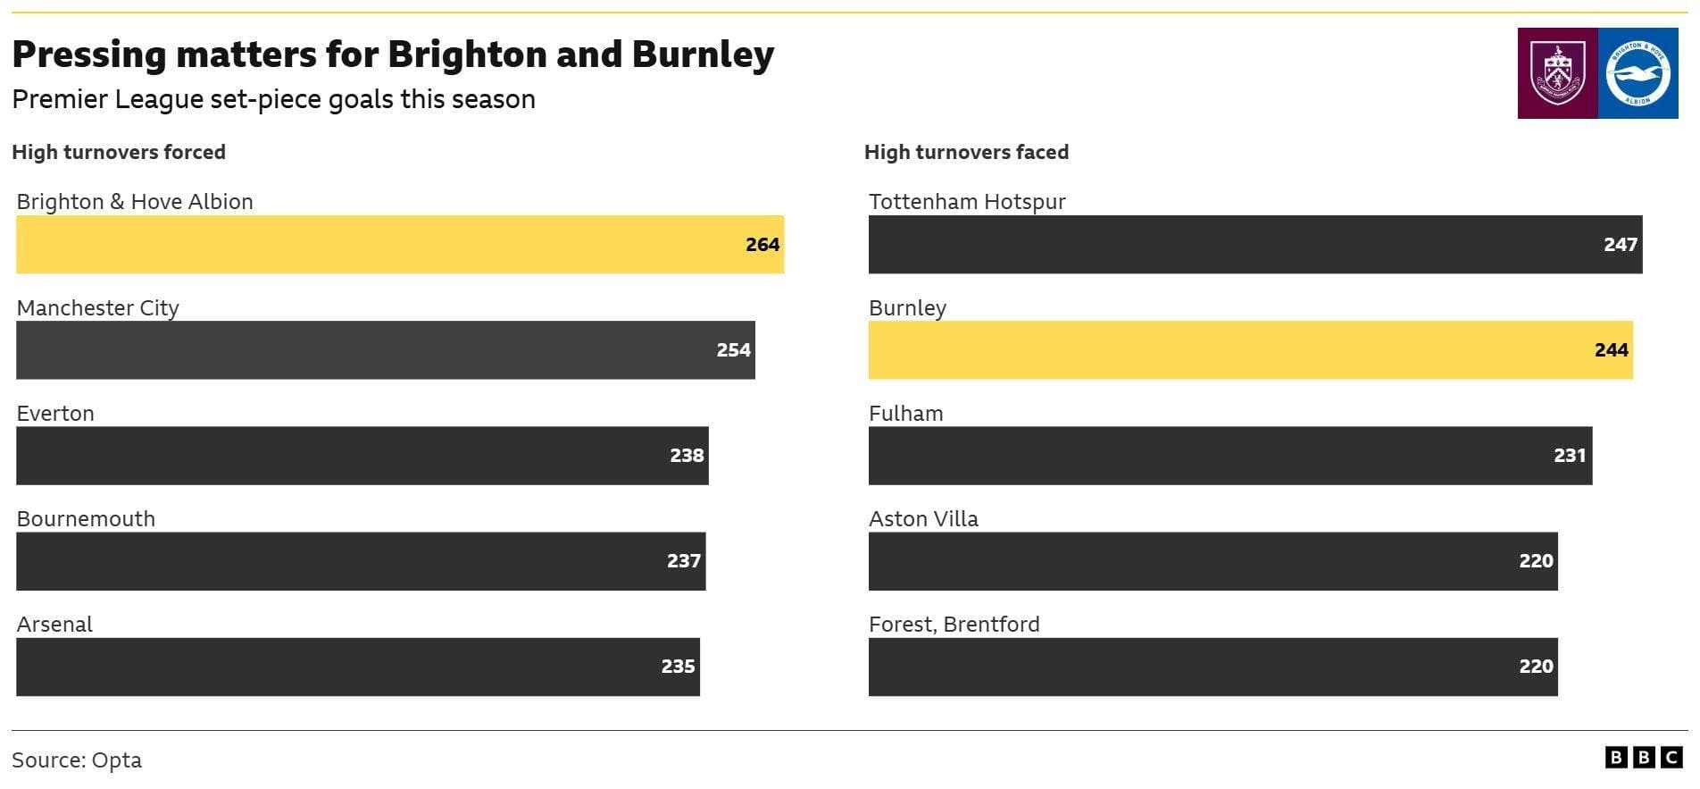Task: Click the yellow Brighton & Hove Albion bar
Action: pyautogui.click(x=400, y=244)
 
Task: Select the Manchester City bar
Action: pyautogui.click(x=386, y=350)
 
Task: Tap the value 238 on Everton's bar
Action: pyautogui.click(x=687, y=456)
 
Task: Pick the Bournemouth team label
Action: pyautogui.click(x=86, y=519)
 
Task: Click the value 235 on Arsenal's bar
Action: pyautogui.click(x=678, y=667)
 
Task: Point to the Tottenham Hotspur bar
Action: pyautogui.click(x=1254, y=244)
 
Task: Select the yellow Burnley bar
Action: pyautogui.click(x=1250, y=350)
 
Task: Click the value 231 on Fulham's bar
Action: pyautogui.click(x=1569, y=456)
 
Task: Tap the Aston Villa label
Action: pyautogui.click(x=923, y=519)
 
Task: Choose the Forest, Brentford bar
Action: pyautogui.click(x=1212, y=667)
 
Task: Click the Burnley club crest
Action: pyautogui.click(x=1557, y=73)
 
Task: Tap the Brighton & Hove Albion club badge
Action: pyautogui.click(x=1637, y=73)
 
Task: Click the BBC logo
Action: pyautogui.click(x=1643, y=758)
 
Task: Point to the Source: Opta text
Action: pyautogui.click(x=77, y=760)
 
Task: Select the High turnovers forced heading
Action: pyautogui.click(x=119, y=153)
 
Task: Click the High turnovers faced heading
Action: pyautogui.click(x=966, y=153)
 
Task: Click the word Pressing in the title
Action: pyautogui.click(x=89, y=55)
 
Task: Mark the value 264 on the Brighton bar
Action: pyautogui.click(x=762, y=245)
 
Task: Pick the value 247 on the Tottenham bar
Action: pyautogui.click(x=1620, y=245)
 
